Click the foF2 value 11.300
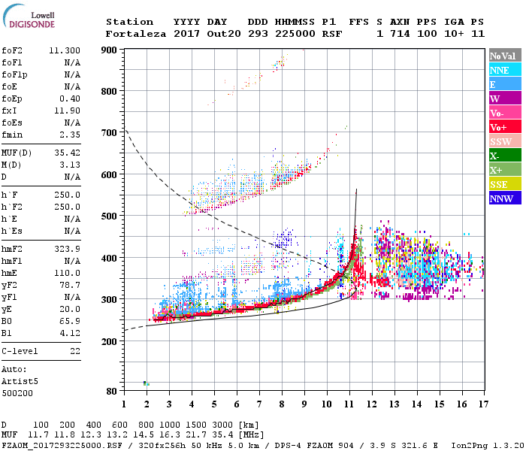65,50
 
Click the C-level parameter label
20,351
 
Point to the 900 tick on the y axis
109,50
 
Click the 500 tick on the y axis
109,216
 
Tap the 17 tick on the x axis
482,404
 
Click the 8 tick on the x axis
282,404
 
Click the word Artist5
20,381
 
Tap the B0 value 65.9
70,321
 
